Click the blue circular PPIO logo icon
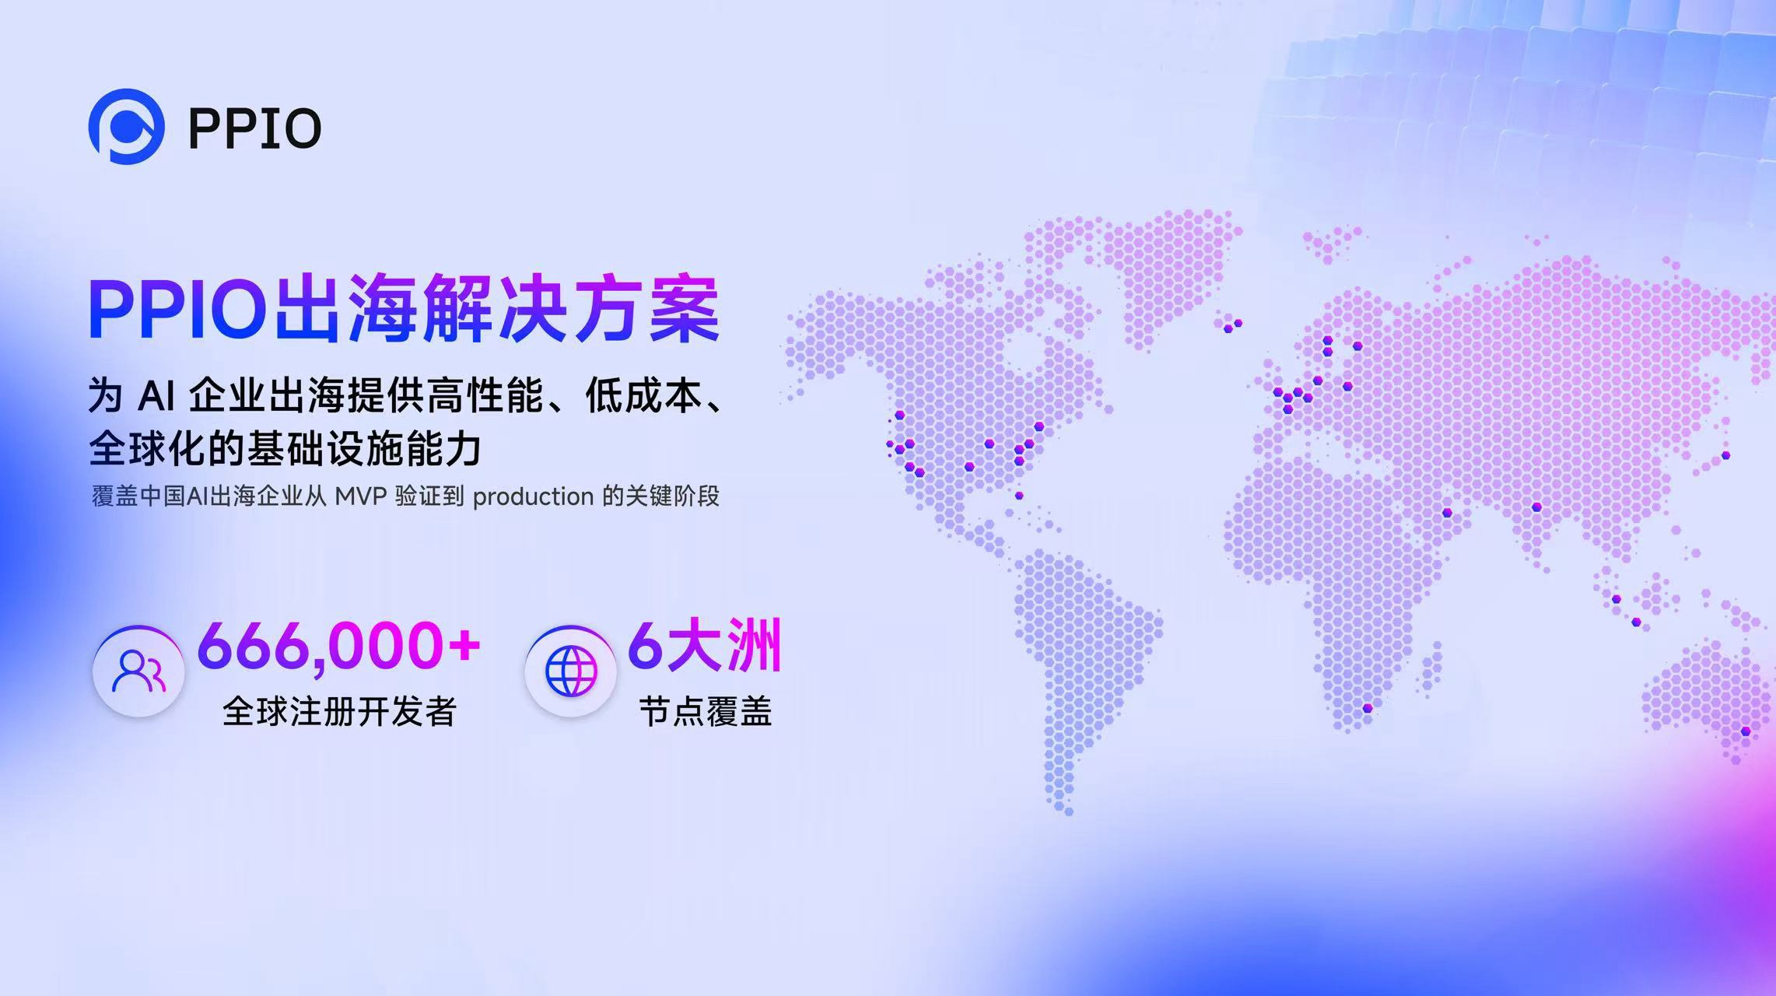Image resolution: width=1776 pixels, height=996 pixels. coord(126,127)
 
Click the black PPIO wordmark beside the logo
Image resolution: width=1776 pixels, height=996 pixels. coord(255,128)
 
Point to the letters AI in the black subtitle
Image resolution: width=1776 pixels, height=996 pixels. coord(156,396)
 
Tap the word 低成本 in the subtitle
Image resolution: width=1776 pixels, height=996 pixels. coord(644,395)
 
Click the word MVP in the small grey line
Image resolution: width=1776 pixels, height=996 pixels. coord(361,496)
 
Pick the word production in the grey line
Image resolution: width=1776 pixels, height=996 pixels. coord(533,497)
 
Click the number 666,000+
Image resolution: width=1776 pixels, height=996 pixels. coord(338,646)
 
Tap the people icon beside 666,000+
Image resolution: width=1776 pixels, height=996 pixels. coord(138,671)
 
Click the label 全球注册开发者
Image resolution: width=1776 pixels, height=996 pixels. coord(339,711)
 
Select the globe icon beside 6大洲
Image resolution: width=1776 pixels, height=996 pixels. coord(570,671)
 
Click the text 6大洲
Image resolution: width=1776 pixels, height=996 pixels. coord(704,646)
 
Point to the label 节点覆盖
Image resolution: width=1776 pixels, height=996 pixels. coord(706,711)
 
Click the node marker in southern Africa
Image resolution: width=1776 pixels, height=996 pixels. coord(1367,708)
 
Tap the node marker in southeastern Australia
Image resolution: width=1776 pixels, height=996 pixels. coord(1746,731)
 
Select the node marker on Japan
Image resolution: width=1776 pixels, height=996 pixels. coord(1725,455)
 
